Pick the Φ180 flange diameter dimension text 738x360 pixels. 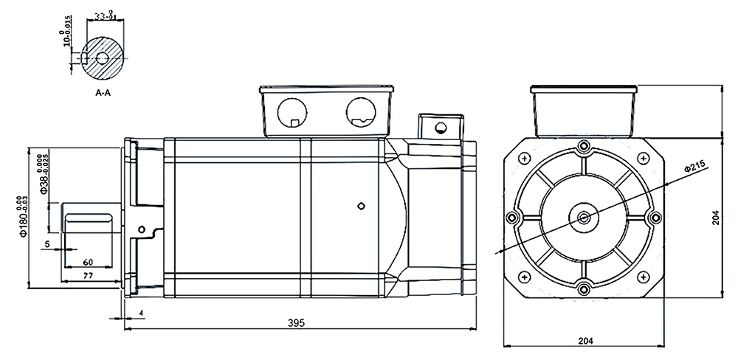23,215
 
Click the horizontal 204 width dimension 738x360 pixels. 585,340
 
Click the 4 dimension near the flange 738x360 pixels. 141,314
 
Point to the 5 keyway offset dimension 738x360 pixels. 46,243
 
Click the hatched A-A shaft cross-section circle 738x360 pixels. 103,58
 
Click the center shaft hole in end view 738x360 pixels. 585,217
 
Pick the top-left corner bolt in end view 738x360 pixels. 523,157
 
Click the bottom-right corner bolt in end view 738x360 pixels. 646,278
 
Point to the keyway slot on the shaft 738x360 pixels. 89,217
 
